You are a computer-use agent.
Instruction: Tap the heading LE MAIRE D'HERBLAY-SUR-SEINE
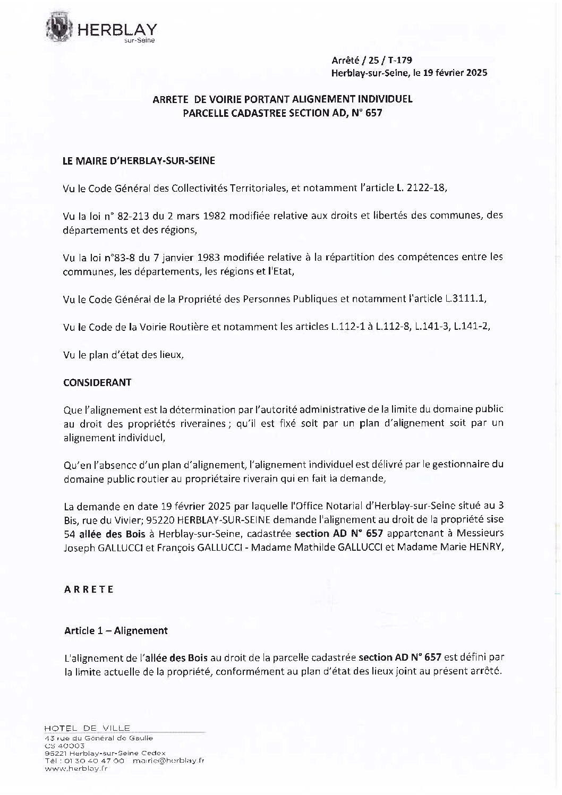coord(139,160)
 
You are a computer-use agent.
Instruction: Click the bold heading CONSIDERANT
coord(97,382)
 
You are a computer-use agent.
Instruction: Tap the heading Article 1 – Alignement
coord(116,630)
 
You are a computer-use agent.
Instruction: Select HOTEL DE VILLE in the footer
coord(87,728)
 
